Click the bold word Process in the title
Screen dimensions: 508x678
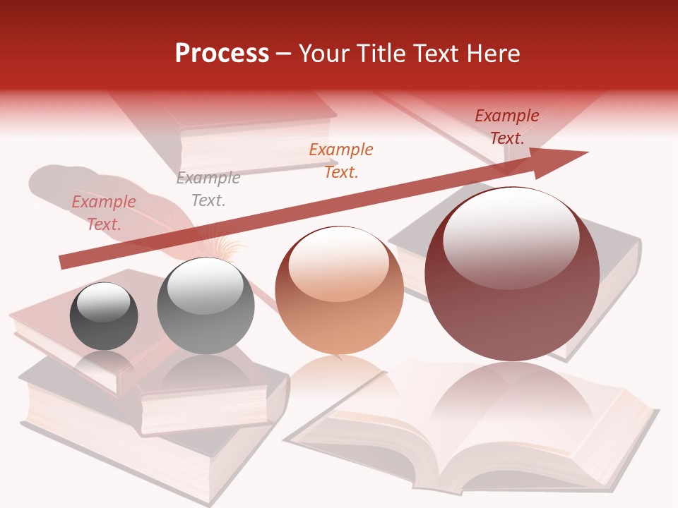222,54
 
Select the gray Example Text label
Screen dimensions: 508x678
208,189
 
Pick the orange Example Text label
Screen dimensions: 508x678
341,160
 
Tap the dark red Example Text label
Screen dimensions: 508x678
507,127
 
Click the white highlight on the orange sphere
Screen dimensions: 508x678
338,267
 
